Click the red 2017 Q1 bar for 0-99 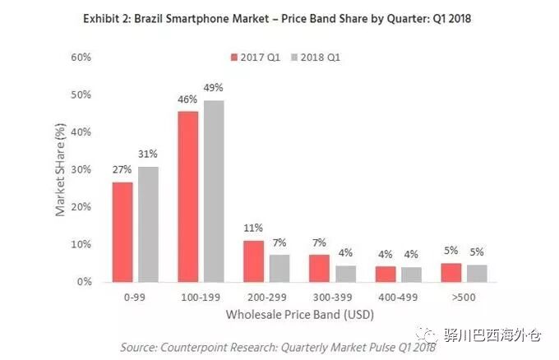tap(122, 232)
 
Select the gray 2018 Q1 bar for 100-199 tap(215, 191)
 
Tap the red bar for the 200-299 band tap(254, 261)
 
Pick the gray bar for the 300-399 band tap(345, 273)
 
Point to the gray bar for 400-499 tap(411, 274)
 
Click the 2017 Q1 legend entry tap(255, 58)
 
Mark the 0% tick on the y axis tap(83, 282)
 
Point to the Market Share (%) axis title tap(60, 171)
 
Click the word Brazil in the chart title tap(165, 20)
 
